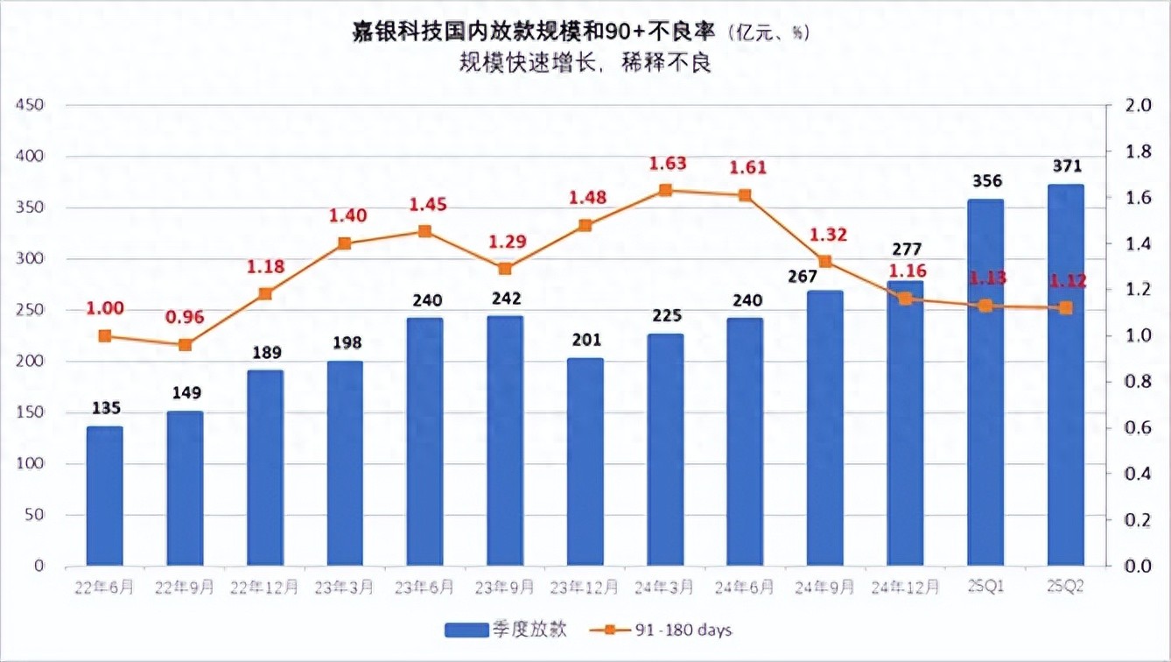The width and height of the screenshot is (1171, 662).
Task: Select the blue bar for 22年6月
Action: click(104, 496)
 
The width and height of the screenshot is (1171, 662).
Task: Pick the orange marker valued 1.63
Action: click(665, 190)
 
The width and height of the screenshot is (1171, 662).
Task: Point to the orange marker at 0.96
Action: click(185, 345)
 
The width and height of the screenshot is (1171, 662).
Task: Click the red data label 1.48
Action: click(585, 198)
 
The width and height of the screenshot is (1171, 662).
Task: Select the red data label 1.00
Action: click(105, 308)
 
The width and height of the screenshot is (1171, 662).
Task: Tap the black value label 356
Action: click(986, 181)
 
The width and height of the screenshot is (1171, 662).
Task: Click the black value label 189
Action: click(265, 353)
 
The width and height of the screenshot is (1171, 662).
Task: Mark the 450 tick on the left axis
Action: click(31, 105)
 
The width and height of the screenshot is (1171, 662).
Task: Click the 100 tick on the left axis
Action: click(31, 464)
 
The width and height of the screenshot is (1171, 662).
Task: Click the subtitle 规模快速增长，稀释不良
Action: click(585, 64)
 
